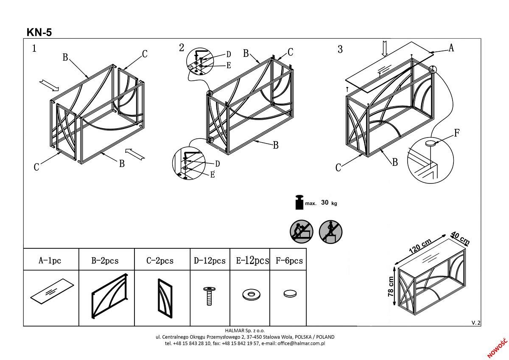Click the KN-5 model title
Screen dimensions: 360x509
click(39, 32)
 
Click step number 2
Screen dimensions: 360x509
click(182, 48)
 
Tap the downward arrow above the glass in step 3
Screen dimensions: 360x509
click(385, 48)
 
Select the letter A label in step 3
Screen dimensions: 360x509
click(451, 48)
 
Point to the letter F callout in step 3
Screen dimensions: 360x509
click(457, 133)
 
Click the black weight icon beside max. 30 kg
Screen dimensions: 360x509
click(299, 202)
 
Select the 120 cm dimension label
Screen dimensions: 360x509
click(420, 246)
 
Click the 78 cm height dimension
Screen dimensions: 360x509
click(391, 287)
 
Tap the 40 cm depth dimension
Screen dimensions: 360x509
click(460, 238)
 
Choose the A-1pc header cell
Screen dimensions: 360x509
click(50, 260)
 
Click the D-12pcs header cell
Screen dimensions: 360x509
click(210, 260)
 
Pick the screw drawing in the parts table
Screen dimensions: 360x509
click(209, 296)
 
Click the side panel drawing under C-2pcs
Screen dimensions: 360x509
click(165, 298)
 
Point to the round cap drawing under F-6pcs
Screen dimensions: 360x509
click(290, 293)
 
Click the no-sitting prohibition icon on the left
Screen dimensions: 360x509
click(301, 231)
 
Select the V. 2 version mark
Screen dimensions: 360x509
click(476, 323)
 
